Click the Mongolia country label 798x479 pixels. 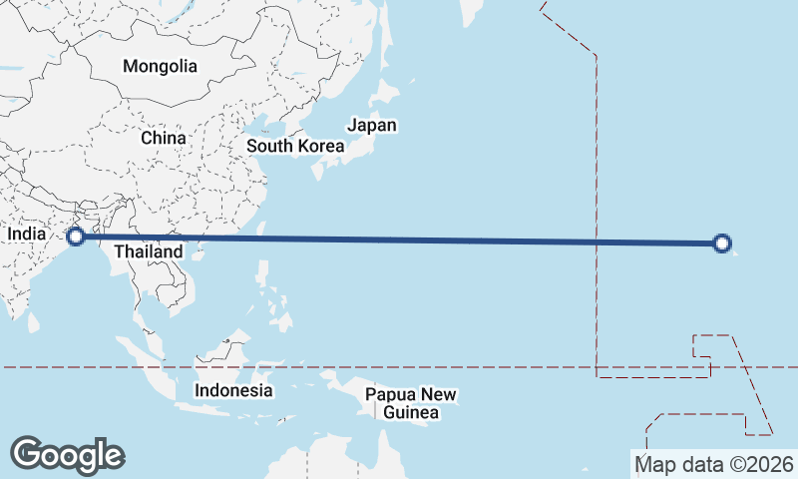tap(160, 67)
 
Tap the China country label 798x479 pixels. tap(163, 138)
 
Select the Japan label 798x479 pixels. tap(371, 126)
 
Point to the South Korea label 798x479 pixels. tap(295, 146)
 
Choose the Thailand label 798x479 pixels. tap(148, 251)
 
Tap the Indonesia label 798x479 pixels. tap(233, 390)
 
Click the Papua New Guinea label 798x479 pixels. tap(410, 403)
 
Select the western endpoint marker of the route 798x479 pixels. tap(75, 237)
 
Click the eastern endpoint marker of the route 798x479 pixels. tap(723, 242)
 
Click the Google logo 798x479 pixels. tap(67, 455)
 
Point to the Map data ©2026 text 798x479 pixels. tap(715, 464)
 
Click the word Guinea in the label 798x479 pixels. tap(410, 412)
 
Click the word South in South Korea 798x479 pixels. tap(270, 146)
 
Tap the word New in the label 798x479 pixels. tap(439, 394)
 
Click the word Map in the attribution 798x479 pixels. tap(654, 464)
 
